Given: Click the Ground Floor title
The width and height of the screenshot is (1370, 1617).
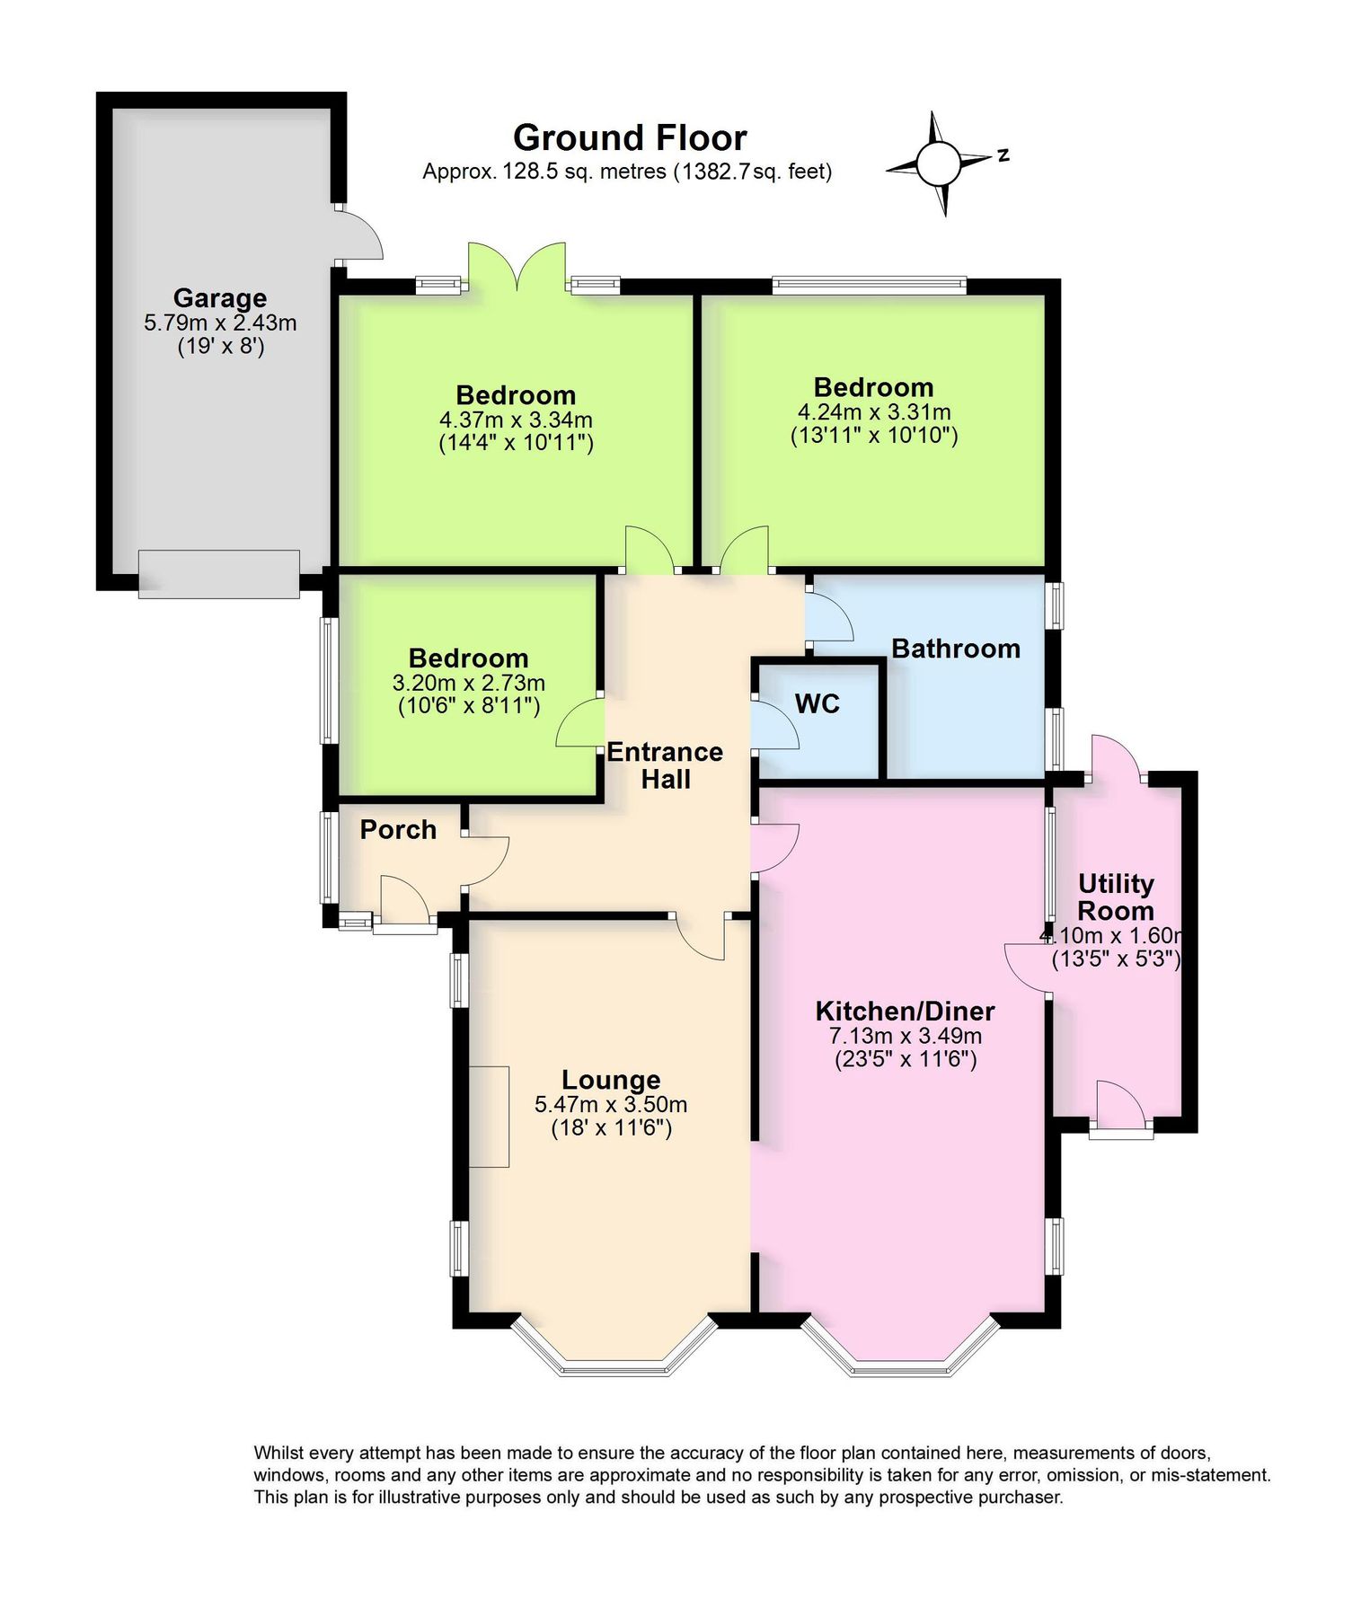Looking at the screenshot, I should click(629, 137).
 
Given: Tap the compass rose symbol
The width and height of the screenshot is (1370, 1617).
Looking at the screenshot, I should click(938, 163).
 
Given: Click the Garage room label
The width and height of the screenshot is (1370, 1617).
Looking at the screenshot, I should click(219, 297).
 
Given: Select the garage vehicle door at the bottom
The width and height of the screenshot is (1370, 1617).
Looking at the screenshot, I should click(218, 574).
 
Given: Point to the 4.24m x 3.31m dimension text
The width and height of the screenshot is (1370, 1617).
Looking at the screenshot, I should click(873, 412).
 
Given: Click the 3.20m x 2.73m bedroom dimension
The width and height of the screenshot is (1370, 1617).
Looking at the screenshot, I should click(468, 683).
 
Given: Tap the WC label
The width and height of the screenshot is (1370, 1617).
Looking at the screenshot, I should click(817, 703).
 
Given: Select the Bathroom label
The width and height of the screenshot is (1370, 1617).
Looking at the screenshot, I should click(955, 649).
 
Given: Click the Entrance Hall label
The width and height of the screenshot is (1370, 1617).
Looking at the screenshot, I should click(665, 764).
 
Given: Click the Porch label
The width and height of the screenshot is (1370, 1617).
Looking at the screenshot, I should click(398, 829).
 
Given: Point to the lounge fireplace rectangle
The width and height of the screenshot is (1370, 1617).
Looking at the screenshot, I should click(489, 1117).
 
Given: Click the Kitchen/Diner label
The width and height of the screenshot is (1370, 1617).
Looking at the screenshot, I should click(904, 1012).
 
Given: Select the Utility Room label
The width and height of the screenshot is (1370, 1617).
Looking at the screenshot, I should click(1115, 897).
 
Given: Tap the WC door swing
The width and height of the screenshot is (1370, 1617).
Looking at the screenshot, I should click(774, 726).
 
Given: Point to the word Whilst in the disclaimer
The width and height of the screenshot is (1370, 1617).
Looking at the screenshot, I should click(278, 1453).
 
